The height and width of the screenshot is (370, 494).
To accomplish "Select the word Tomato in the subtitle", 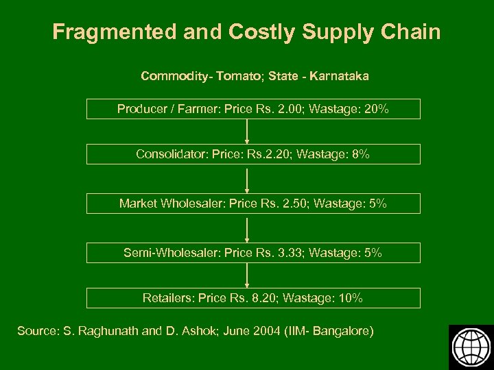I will click(238, 76).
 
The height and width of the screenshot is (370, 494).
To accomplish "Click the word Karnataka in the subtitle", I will click(339, 76).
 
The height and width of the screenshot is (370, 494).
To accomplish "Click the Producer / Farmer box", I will click(252, 109).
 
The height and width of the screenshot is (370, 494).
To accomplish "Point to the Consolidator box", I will click(252, 155).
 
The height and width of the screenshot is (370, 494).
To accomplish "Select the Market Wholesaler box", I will click(252, 203).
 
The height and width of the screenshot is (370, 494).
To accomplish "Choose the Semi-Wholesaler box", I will click(252, 253).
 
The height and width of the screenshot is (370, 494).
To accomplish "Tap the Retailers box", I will click(252, 298).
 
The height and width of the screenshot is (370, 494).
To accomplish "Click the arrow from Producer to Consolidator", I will click(247, 132).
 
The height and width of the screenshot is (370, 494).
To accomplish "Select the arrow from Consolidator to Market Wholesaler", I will click(247, 179).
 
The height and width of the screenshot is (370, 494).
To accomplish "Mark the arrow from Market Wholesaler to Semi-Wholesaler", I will click(247, 228).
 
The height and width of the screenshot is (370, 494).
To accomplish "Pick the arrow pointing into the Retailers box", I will click(247, 275).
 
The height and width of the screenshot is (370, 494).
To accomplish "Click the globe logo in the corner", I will click(470, 347).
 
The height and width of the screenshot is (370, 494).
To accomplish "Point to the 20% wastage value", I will click(377, 109).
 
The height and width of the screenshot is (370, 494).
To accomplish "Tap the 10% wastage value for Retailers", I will click(351, 298).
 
